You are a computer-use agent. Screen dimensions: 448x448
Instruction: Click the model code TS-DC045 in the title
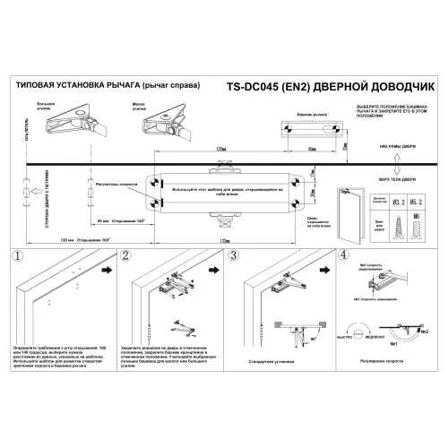pyautogui.click(x=254, y=88)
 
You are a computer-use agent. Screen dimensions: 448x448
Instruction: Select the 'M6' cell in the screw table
pyautogui.click(x=417, y=216)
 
